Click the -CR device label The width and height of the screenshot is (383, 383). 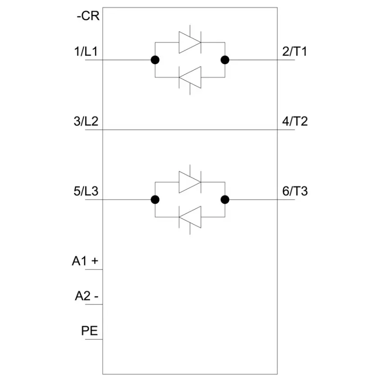click(x=88, y=16)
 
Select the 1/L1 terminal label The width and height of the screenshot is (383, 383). click(x=86, y=51)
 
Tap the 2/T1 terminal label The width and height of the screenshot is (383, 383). click(x=295, y=51)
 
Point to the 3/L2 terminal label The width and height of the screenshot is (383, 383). click(x=86, y=121)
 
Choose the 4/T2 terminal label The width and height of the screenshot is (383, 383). click(x=295, y=121)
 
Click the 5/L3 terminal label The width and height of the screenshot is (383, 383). click(x=86, y=191)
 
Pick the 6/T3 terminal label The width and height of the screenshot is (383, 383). click(x=295, y=191)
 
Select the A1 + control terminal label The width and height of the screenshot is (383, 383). click(x=85, y=261)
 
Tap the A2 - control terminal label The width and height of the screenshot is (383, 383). click(x=87, y=296)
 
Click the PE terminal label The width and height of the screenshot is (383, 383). click(x=89, y=331)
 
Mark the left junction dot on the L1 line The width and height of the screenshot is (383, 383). click(x=155, y=60)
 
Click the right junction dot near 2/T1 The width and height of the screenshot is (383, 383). click(x=225, y=60)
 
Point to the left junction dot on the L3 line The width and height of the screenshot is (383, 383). click(x=155, y=200)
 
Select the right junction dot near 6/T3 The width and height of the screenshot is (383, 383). click(x=225, y=200)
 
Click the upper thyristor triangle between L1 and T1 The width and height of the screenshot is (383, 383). click(x=190, y=42)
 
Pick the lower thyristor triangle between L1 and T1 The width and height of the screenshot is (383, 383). click(x=190, y=77)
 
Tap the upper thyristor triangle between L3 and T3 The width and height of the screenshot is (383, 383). click(x=190, y=182)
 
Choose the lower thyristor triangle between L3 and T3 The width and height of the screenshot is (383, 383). click(x=190, y=217)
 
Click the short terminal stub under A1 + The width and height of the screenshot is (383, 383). click(x=94, y=269)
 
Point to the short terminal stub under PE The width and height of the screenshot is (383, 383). click(x=94, y=339)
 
